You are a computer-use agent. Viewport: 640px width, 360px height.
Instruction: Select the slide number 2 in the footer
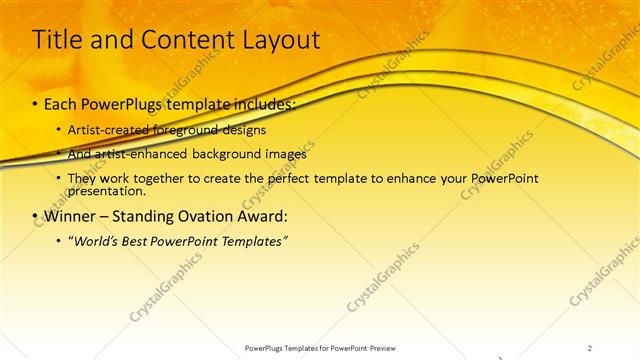590,347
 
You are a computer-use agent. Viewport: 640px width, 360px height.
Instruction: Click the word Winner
73,215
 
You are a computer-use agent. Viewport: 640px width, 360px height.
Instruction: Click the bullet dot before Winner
36,216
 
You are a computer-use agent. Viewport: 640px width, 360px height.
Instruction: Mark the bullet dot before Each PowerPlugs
36,105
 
